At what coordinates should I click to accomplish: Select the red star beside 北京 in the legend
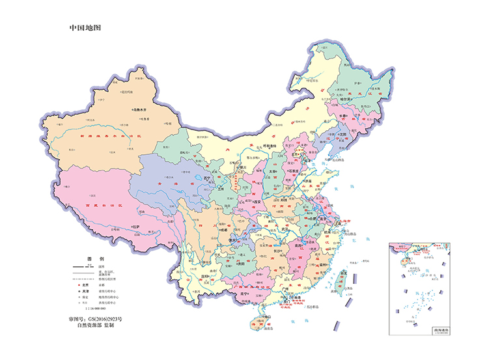(79, 284)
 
